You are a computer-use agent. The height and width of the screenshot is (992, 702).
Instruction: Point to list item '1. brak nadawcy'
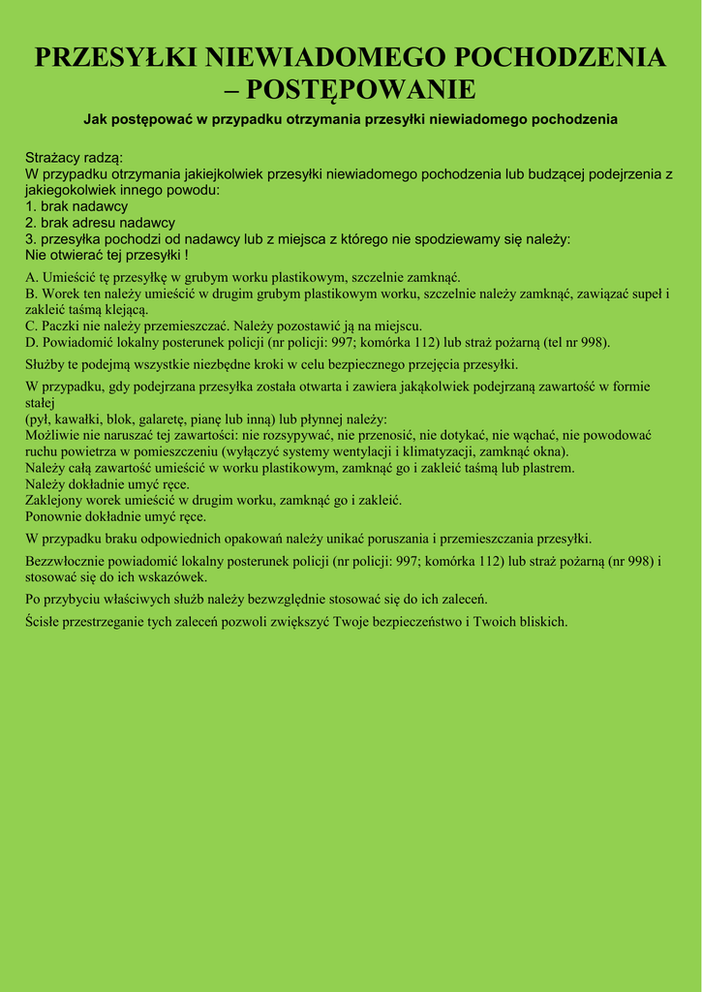[76, 206]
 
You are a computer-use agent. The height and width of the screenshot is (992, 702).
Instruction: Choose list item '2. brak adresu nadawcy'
[100, 223]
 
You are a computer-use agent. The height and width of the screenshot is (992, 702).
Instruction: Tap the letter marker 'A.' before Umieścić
[32, 278]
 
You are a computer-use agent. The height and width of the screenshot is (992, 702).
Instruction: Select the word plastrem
[546, 468]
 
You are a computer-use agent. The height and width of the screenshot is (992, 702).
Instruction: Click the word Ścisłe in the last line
[45, 621]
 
